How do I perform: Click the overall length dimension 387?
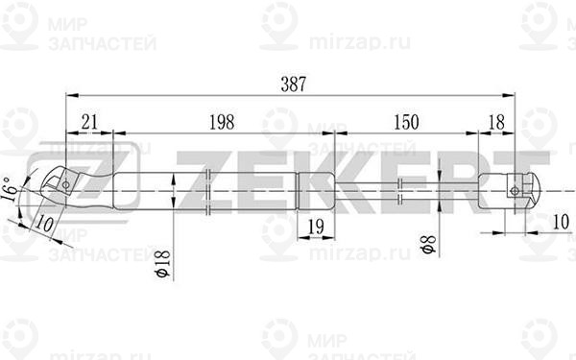pyautogui.click(x=290, y=84)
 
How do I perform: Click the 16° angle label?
pyautogui.click(x=11, y=193)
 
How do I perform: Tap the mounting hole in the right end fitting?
pyautogui.click(x=516, y=190)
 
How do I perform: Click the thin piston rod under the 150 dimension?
pyautogui.click(x=403, y=188)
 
